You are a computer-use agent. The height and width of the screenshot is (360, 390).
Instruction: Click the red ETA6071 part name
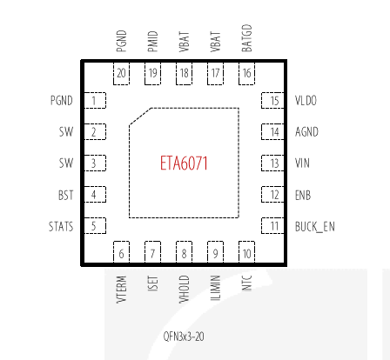pos(184,163)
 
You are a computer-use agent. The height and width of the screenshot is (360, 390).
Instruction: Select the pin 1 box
pos(95,101)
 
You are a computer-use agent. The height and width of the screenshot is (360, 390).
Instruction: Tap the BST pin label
pos(66,195)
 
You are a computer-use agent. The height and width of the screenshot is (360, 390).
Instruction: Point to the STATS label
pos(61,226)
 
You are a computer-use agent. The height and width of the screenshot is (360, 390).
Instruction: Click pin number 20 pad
pos(121,73)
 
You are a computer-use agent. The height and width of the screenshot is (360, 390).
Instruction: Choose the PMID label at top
pos(152,42)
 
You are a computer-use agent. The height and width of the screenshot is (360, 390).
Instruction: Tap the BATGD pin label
pos(246,38)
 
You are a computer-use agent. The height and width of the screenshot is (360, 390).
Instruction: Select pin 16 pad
pos(246,73)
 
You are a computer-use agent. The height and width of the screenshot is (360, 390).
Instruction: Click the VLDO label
pos(306,101)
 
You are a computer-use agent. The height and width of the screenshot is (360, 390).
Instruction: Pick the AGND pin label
pos(306,132)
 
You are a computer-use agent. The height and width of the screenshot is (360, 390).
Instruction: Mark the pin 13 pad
pos(272,163)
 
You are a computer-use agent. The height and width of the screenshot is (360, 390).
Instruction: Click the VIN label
pos(302,163)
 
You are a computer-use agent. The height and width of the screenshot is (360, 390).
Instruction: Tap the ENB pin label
pos(303,195)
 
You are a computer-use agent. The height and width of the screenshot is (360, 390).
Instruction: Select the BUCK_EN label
pos(315,226)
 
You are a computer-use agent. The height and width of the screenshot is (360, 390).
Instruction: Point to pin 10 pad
pos(246,252)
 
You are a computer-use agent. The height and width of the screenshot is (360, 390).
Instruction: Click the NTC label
pos(246,283)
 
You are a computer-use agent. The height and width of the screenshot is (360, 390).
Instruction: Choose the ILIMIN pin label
pos(215,288)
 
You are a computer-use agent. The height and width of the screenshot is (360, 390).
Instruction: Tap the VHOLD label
pos(184,289)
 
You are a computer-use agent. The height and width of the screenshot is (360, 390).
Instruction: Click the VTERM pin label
pos(121,290)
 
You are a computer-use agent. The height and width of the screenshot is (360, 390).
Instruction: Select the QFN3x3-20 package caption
pos(184,337)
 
